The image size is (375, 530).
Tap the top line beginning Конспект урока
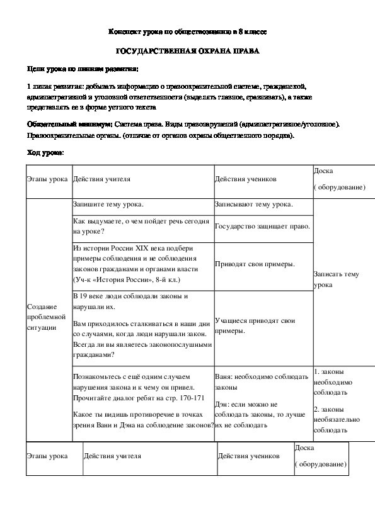[188, 30]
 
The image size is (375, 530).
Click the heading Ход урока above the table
[45, 152]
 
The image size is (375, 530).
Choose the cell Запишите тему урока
[108, 205]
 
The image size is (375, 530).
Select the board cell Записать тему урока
[337, 279]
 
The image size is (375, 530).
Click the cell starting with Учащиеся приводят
[255, 325]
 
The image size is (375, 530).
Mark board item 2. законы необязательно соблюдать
[333, 419]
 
